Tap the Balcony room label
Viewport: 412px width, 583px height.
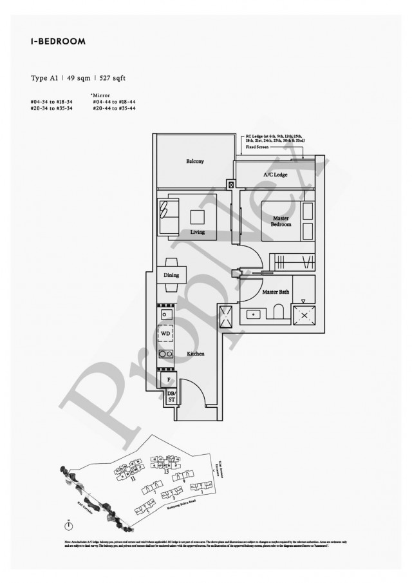tap(195, 161)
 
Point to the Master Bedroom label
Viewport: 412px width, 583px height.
tap(281, 222)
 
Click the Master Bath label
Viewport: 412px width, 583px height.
tap(276, 292)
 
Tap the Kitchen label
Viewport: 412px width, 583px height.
tap(196, 354)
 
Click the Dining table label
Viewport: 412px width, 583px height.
tap(171, 276)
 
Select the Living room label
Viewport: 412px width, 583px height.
tap(197, 232)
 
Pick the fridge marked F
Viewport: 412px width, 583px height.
tap(168, 379)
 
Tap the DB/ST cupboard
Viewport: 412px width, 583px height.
tap(171, 396)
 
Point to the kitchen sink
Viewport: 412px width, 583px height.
tap(165, 315)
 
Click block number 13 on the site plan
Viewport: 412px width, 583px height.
tap(165, 472)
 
